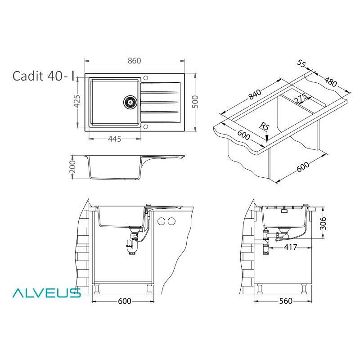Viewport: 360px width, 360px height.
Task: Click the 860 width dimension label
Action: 134,61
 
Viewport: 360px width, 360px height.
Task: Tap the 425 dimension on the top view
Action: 77,101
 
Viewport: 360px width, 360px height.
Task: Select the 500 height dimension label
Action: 195,102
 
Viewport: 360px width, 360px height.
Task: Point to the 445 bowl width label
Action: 114,139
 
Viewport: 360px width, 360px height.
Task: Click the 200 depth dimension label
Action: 72,166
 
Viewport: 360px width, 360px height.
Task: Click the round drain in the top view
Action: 130,102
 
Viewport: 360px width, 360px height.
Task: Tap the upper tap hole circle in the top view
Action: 145,77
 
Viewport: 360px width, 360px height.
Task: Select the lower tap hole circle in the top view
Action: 145,127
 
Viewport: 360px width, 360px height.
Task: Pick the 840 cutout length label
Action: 255,94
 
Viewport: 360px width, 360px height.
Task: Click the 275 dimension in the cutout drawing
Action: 301,98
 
